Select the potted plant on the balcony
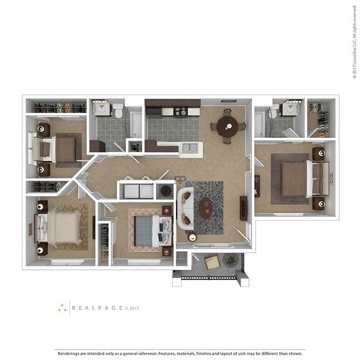point(232,260)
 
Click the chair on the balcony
point(211,262)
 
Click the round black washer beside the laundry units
point(166,193)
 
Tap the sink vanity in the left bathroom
point(102,110)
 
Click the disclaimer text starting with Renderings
point(180,352)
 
